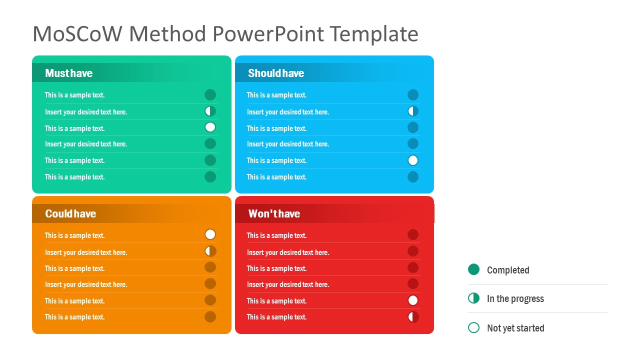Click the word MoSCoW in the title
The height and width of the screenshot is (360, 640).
pyautogui.click(x=76, y=34)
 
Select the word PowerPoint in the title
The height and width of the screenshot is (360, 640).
pyautogui.click(x=268, y=34)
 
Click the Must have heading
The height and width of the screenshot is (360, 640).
pyautogui.click(x=69, y=73)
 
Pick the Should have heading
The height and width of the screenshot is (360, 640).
pyautogui.click(x=276, y=73)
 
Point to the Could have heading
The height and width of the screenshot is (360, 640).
pyautogui.click(x=70, y=214)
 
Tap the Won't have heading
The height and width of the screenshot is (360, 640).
pyautogui.click(x=274, y=214)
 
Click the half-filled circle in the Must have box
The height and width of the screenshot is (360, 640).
pyautogui.click(x=210, y=111)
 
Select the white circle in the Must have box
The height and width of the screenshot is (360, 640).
pyautogui.click(x=210, y=127)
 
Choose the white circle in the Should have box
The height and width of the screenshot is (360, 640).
pyautogui.click(x=413, y=160)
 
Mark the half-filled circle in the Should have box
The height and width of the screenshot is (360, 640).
pyautogui.click(x=413, y=111)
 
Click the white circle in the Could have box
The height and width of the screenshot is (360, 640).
pyautogui.click(x=210, y=234)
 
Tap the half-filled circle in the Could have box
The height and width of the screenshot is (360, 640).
pyautogui.click(x=210, y=251)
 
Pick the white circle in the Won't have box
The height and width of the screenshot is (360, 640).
pyautogui.click(x=413, y=300)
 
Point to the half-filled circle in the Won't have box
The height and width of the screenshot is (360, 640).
pyautogui.click(x=413, y=316)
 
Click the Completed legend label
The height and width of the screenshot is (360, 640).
pyautogui.click(x=508, y=270)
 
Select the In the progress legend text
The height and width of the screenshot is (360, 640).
pyautogui.click(x=515, y=299)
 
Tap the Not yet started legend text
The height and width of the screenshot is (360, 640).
pyautogui.click(x=515, y=328)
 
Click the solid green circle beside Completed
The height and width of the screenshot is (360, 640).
pyautogui.click(x=473, y=269)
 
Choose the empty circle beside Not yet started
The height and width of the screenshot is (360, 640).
pyautogui.click(x=473, y=328)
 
